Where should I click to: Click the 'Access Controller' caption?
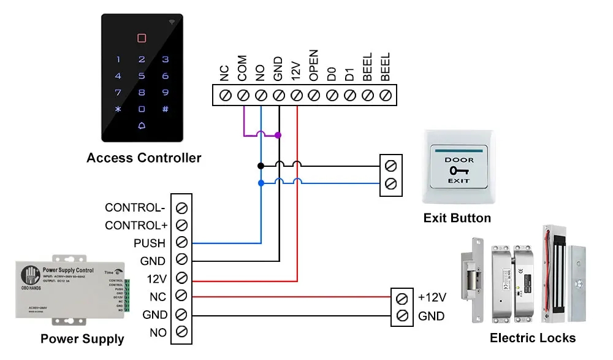pos(143,158)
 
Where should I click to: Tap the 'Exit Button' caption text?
pos(457,218)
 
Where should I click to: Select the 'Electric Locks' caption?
pos(533,338)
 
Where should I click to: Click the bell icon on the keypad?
pos(142,126)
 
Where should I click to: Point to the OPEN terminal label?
pos(314,66)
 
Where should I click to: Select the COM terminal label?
pos(242,68)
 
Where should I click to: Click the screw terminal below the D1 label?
pos(349,96)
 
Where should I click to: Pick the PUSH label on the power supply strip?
pos(150,243)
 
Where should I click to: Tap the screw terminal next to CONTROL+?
pos(181,226)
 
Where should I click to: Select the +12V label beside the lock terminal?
pos(432,297)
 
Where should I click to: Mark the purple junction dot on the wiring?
pos(278,135)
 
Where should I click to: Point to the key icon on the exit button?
pos(458,170)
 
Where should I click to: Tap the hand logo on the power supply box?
pos(29,274)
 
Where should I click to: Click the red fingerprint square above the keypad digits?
pos(142,38)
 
